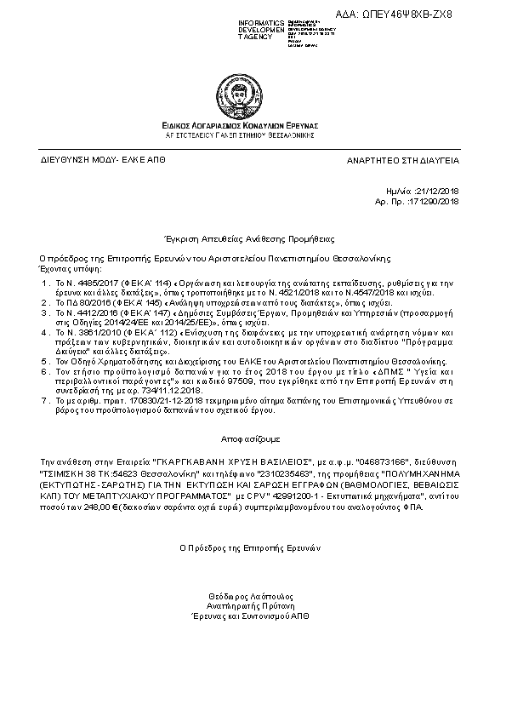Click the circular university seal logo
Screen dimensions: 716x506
click(x=252, y=83)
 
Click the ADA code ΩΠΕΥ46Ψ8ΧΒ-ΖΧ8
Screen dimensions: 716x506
click(x=443, y=14)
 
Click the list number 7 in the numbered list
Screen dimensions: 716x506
click(x=44, y=400)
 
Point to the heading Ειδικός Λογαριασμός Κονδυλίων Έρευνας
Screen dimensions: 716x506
click(x=252, y=125)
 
